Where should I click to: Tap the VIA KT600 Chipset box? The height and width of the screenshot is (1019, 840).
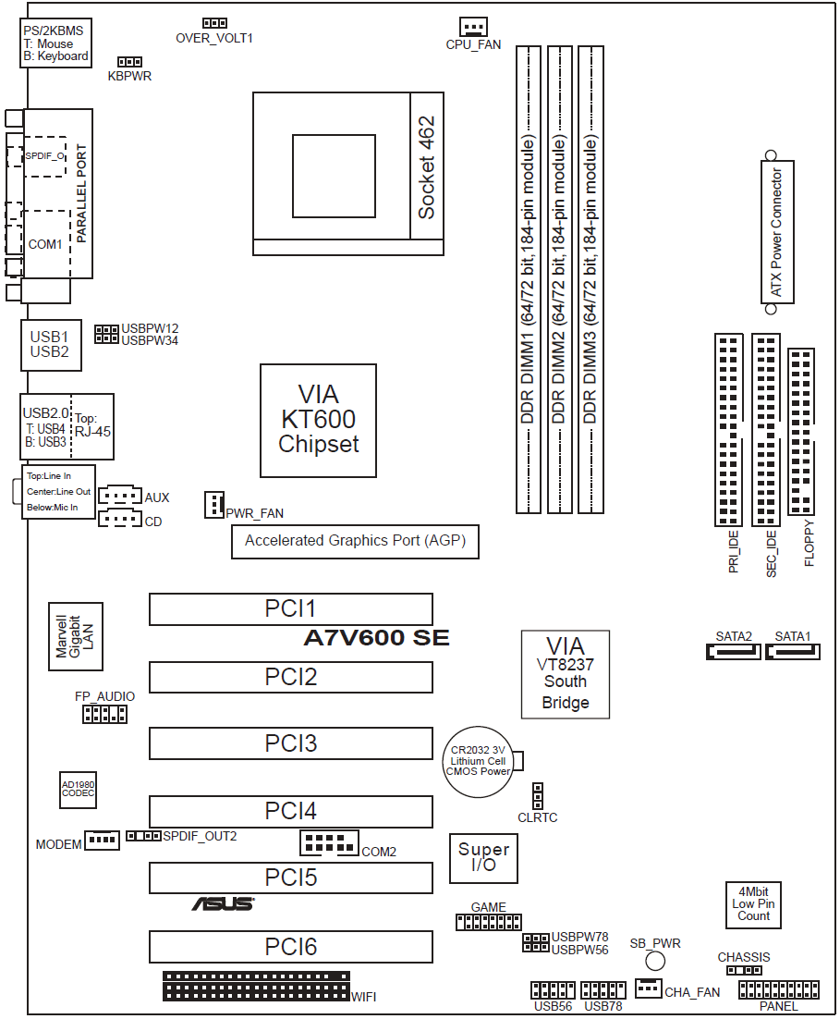318,421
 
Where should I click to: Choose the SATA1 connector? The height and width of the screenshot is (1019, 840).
792,652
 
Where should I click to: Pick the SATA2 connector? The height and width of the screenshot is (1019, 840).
733,652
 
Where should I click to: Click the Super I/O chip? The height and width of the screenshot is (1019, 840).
483,857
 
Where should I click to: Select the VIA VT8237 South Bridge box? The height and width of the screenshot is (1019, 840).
565,674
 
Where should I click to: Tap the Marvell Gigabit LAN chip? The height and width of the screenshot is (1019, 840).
75,637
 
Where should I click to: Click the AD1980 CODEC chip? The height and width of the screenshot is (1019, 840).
78,789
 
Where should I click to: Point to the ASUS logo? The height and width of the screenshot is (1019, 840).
223,903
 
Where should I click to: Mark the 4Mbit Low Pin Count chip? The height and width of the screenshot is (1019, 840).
753,903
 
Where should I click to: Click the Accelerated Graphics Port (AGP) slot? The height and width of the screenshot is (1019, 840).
355,541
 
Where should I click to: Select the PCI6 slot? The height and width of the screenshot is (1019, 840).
291,947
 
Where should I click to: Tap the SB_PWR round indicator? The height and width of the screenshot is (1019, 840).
655,963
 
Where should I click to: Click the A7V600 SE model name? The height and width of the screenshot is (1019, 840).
376,638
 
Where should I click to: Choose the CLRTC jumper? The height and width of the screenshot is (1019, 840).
537,795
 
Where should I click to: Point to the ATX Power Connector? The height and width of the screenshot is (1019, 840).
775,232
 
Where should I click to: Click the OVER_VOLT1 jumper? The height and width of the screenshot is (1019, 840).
214,22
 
